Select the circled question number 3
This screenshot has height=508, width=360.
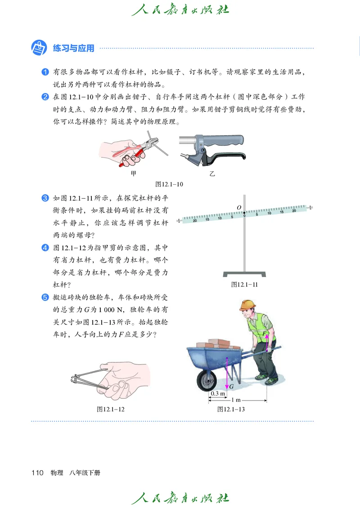click(x=45, y=198)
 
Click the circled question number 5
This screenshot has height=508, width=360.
click(x=45, y=297)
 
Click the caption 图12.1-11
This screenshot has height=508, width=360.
click(x=244, y=285)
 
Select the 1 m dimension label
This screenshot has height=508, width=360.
click(x=235, y=400)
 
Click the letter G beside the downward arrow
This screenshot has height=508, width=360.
click(x=231, y=387)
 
